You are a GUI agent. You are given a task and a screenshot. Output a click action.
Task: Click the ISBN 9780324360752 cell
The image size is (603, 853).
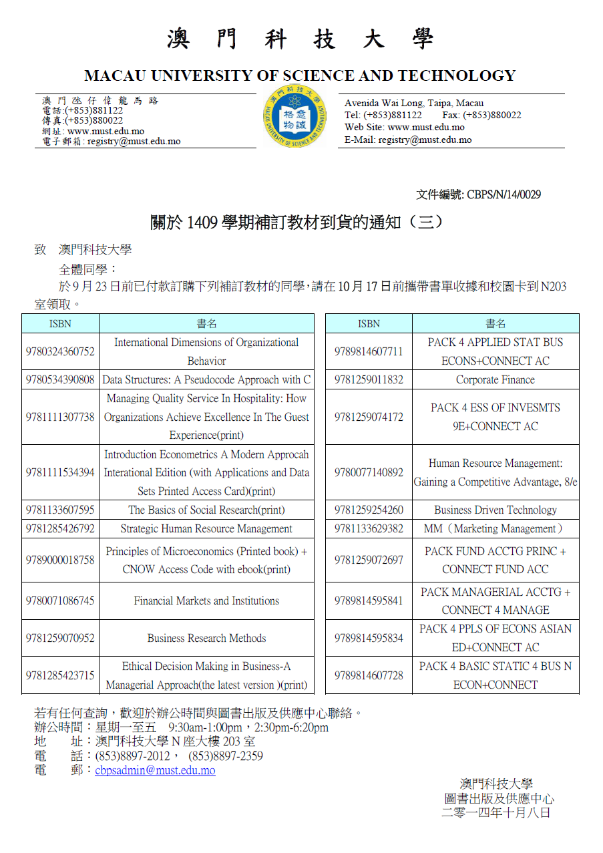click(60, 352)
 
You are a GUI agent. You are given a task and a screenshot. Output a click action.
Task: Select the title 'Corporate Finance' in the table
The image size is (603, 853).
click(495, 380)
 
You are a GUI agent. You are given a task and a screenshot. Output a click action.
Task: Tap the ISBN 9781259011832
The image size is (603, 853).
click(369, 380)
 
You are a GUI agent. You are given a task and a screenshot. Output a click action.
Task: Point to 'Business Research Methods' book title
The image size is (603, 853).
click(206, 639)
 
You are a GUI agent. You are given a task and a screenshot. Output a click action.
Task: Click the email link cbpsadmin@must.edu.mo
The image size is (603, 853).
click(155, 770)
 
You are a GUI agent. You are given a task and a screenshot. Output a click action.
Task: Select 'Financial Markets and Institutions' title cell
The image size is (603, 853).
click(206, 601)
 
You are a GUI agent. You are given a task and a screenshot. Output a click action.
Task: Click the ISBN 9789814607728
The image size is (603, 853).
click(369, 675)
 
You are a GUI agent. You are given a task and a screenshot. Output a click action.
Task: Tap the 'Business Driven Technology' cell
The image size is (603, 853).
click(495, 510)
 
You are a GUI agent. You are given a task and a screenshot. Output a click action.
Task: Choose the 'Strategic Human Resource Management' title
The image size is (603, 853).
click(206, 529)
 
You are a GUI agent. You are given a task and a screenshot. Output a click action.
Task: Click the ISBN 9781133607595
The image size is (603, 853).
click(60, 510)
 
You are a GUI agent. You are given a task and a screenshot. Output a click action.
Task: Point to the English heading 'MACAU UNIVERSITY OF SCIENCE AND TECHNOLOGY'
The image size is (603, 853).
click(300, 75)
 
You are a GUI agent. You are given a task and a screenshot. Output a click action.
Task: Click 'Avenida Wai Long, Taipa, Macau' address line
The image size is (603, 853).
click(414, 103)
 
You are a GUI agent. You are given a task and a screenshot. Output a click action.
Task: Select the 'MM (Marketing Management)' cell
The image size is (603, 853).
click(495, 529)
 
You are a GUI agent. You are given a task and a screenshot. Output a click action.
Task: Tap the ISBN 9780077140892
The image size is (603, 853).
click(369, 473)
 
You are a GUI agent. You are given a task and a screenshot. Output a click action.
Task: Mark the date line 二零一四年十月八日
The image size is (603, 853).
click(496, 813)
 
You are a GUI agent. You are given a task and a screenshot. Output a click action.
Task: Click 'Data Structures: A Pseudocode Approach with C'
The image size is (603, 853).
click(206, 380)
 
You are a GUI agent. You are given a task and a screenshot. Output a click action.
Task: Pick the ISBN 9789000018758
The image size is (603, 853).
click(60, 560)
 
